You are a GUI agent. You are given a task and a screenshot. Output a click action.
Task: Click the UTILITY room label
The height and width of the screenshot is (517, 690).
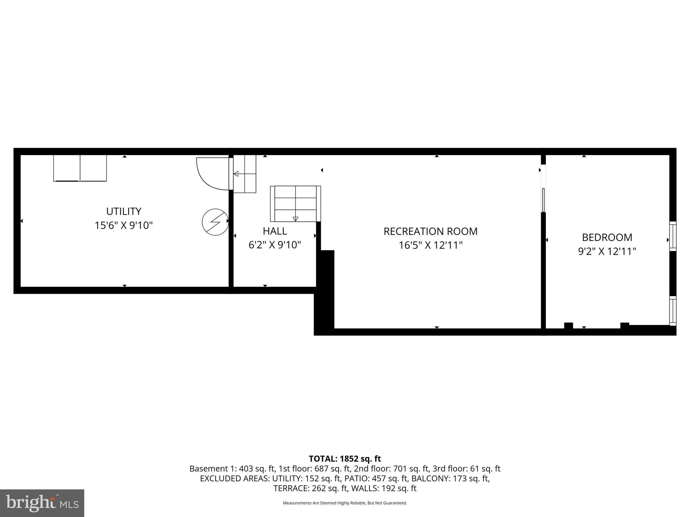click(124, 211)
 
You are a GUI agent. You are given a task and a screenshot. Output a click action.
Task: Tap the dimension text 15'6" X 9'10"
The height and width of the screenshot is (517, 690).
click(124, 225)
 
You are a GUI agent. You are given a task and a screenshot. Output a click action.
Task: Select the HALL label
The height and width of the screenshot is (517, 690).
click(275, 231)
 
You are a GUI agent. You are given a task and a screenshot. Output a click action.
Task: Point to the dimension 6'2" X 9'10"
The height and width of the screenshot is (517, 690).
click(275, 245)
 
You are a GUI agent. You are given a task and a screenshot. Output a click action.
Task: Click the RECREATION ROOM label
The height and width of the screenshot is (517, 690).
click(430, 231)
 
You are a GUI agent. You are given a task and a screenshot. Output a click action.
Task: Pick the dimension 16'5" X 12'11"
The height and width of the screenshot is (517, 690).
click(430, 245)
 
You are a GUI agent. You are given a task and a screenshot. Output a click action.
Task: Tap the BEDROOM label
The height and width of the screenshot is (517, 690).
click(607, 237)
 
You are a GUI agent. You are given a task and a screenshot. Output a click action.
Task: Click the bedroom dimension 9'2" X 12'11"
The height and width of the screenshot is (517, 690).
click(607, 251)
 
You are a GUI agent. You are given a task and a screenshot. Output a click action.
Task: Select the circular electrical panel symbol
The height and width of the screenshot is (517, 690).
click(215, 222)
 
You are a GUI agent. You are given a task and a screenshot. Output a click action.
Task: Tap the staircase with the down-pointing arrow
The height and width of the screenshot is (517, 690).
click(295, 204)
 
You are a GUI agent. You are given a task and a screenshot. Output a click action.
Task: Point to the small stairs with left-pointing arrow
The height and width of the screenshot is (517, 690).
click(245, 174)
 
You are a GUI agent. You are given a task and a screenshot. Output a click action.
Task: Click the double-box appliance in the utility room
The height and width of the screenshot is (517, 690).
click(80, 168)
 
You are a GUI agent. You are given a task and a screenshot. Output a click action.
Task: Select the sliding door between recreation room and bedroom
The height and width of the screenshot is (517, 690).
click(543, 200)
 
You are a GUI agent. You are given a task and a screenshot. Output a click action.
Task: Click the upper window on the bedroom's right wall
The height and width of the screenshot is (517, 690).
click(672, 236)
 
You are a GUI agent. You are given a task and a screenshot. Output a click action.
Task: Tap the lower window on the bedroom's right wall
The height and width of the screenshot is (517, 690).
click(672, 311)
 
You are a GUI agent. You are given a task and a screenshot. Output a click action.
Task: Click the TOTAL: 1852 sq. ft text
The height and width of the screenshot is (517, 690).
click(345, 459)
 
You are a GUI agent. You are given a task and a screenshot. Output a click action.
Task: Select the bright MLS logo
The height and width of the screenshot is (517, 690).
click(42, 503)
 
